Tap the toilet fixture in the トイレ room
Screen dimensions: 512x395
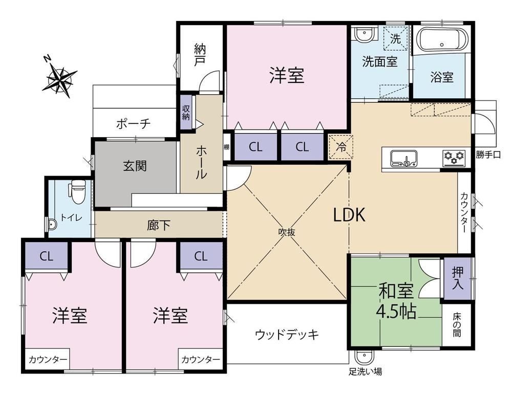point(77,191)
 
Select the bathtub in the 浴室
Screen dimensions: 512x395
point(441,40)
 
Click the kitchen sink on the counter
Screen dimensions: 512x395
point(403,158)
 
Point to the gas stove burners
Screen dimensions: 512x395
point(454,157)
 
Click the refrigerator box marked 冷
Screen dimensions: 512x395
point(340,147)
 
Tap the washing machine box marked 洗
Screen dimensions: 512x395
point(395,39)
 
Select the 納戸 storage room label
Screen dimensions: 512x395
point(200,55)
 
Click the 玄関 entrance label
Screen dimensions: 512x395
point(135,166)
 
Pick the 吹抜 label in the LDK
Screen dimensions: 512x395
point(287,232)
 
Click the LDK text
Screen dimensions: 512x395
point(349,215)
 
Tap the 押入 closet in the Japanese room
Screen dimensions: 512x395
point(457,278)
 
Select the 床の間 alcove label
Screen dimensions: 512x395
point(457,324)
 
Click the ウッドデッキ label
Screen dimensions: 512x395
point(287,334)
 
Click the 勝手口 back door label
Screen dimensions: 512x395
point(488,155)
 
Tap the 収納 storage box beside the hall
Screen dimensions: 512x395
point(186,113)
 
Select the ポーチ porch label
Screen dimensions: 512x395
point(134,124)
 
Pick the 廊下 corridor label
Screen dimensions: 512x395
point(158,225)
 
